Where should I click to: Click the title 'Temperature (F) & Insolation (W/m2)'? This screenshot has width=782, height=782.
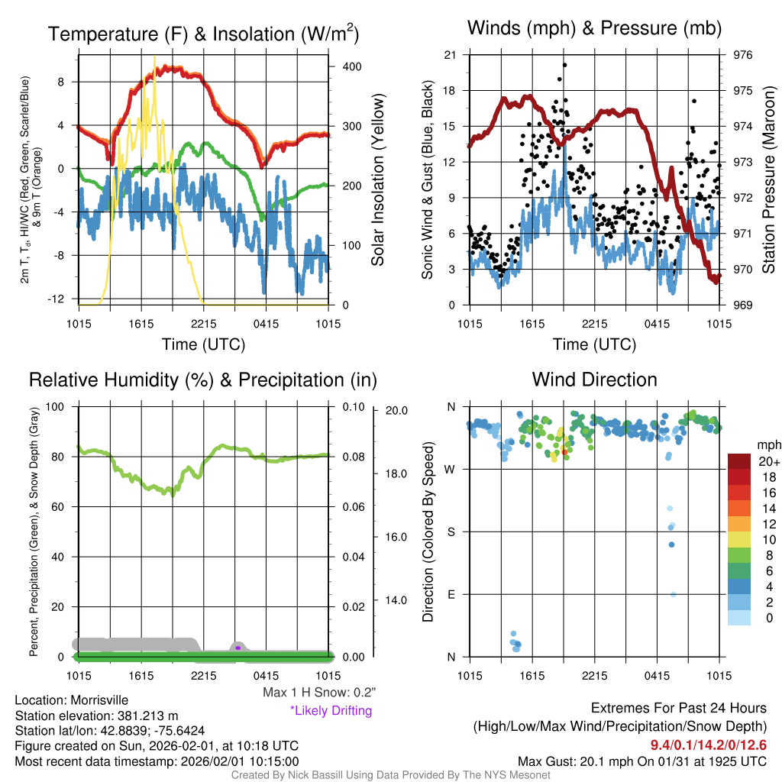(204, 34)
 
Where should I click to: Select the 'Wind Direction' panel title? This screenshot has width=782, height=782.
(594, 380)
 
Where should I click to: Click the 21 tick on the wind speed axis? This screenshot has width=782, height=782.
(450, 55)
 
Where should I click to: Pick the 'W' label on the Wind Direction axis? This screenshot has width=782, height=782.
(451, 469)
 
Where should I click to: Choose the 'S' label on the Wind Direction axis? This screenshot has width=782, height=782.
(451, 532)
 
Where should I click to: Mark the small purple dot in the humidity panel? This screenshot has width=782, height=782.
(238, 648)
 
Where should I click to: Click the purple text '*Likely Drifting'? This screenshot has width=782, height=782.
(331, 711)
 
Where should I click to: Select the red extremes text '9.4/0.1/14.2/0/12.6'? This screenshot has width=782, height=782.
(708, 745)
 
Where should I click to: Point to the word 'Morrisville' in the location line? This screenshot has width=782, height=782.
(99, 700)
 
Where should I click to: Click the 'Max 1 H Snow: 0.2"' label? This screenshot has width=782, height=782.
(319, 693)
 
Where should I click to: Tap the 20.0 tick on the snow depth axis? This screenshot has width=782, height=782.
(394, 410)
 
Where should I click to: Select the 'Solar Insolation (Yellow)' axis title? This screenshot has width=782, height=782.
(378, 180)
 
